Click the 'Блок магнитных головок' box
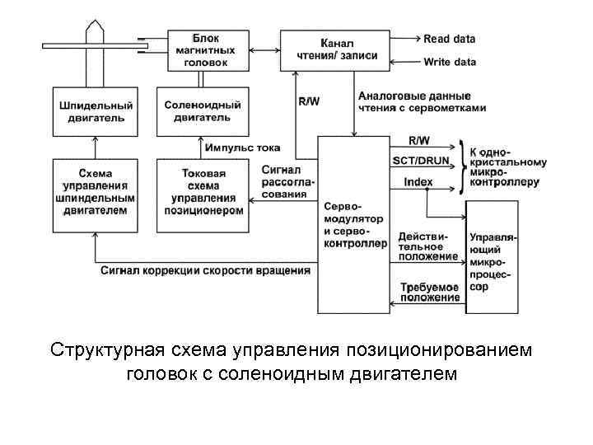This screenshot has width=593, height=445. (201, 49)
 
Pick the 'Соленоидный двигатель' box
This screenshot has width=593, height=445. (202, 111)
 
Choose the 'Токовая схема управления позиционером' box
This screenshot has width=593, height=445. (202, 191)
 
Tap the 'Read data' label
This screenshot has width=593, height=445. (449, 39)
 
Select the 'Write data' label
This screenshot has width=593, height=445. (450, 62)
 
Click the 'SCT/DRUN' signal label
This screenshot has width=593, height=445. (423, 160)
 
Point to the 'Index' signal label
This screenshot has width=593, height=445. (418, 181)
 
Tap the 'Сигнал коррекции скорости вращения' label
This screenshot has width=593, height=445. (206, 269)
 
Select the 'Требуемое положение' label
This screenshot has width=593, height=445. (429, 292)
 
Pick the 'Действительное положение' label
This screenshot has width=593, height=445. (427, 246)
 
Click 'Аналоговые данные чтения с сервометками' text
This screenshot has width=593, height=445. (422, 102)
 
